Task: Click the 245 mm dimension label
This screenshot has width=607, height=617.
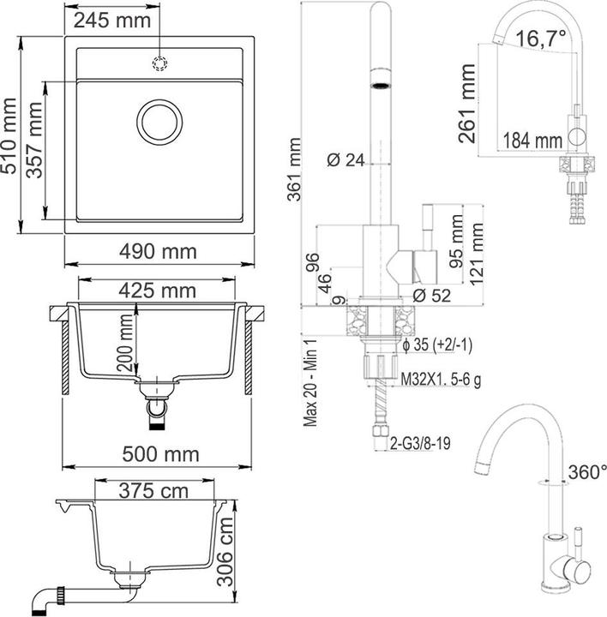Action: coord(112,21)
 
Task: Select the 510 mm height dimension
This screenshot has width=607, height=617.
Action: coord(9,135)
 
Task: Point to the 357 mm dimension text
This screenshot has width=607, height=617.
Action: coord(34,140)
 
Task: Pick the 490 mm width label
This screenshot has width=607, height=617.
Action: coord(158,251)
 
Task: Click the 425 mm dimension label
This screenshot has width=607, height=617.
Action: coord(157,291)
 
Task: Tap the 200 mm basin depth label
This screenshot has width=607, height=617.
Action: coord(125,343)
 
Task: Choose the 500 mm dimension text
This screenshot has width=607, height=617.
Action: coord(160,454)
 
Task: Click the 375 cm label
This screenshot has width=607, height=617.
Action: coord(153,491)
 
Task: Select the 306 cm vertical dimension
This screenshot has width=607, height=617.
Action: coord(225,552)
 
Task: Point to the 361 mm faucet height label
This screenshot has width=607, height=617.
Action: coord(294,170)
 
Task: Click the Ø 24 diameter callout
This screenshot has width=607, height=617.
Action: coord(346,160)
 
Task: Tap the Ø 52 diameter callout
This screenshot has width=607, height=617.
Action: coord(431,296)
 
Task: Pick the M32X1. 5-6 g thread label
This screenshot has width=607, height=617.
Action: coord(441,380)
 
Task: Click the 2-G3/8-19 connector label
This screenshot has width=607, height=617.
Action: coord(419,444)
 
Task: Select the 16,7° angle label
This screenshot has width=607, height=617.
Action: coord(541,39)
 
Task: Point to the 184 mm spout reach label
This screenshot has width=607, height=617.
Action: coord(532,141)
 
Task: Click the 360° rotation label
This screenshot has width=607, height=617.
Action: coord(587,472)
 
